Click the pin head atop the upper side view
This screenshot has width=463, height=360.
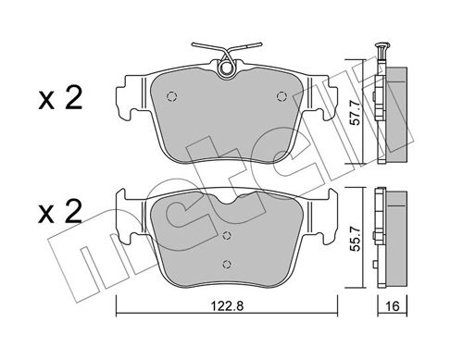coord(380,46)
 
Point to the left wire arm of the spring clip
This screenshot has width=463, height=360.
coord(206,48)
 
